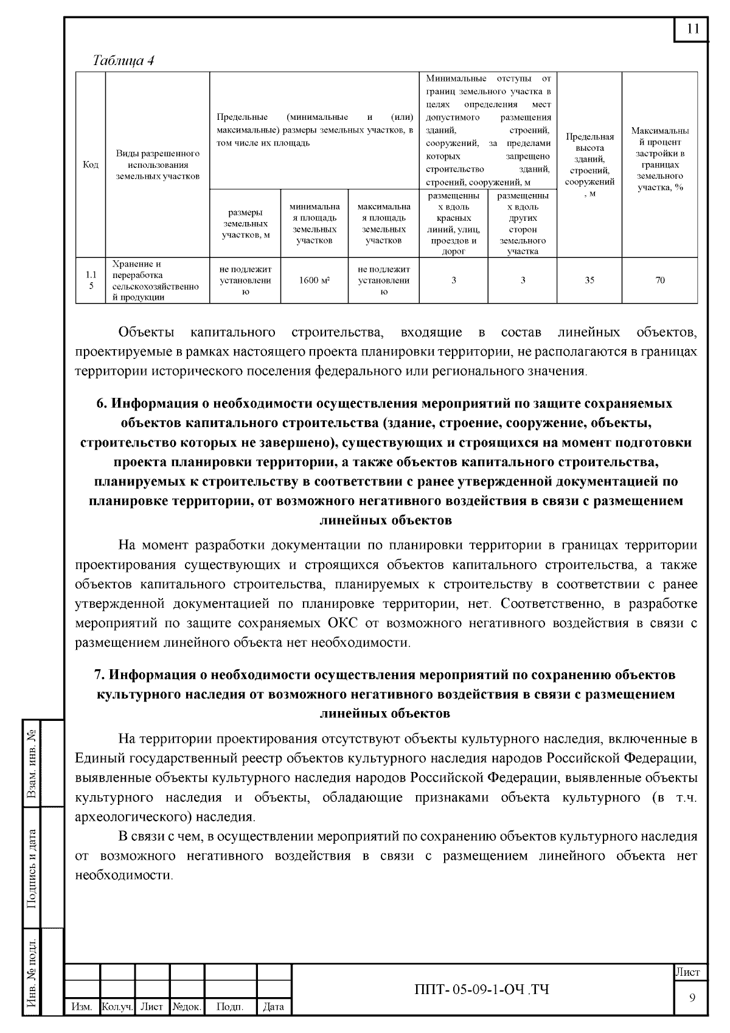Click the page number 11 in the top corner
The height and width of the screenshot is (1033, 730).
pos(692,29)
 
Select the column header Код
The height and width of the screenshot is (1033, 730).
pos(91,165)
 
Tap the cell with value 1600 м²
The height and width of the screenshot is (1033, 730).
pos(315,280)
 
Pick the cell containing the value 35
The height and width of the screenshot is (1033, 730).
pos(589,280)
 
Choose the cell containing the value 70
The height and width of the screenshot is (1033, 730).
pos(660,280)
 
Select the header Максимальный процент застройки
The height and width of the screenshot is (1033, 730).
pos(660,159)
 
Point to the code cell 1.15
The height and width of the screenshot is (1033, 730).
pos(91,280)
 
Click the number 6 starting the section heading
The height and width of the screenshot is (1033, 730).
pos(101,403)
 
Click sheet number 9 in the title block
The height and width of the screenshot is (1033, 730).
pos(692,997)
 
